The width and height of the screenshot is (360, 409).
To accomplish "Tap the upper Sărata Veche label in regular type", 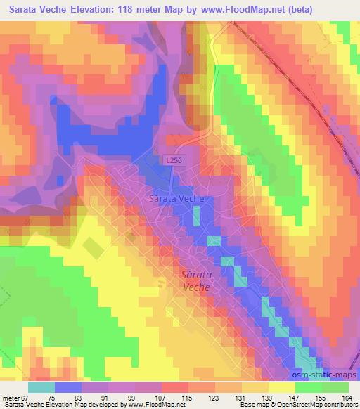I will [x=177, y=199].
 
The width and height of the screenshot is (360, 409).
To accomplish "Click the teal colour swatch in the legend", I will [x=41, y=388].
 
